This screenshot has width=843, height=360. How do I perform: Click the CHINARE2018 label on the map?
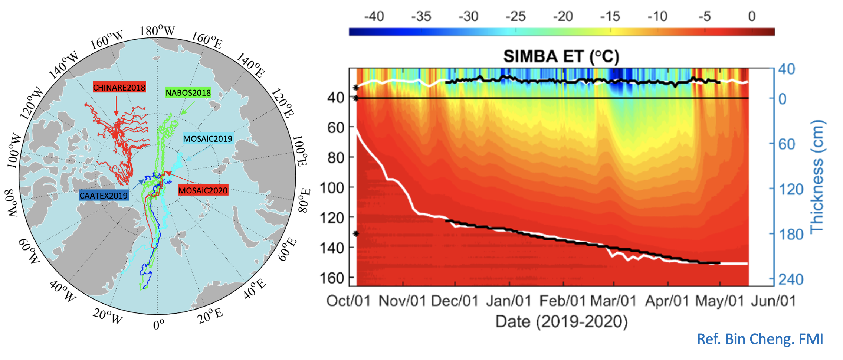[119, 87]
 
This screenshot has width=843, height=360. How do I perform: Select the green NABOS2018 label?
[188, 93]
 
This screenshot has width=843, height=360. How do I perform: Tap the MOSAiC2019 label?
[207, 139]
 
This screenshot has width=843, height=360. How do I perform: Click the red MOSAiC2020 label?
[203, 190]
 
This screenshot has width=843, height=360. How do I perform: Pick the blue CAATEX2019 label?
[104, 195]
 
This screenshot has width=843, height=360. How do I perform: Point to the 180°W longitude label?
[157, 30]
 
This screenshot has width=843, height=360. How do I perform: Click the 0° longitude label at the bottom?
[158, 324]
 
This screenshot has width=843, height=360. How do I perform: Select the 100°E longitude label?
[300, 151]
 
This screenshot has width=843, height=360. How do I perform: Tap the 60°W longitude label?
[29, 251]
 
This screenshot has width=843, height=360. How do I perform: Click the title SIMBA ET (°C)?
[561, 56]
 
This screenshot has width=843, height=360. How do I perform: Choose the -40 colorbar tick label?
[374, 16]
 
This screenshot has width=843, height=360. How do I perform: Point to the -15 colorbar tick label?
[610, 16]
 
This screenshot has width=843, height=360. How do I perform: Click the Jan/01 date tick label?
[509, 301]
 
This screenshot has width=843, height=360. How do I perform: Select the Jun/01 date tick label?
[773, 301]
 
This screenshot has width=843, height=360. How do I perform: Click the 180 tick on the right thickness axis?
[791, 234]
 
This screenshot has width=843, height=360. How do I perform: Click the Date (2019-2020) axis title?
[561, 321]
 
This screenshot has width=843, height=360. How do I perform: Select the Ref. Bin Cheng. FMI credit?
[760, 339]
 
